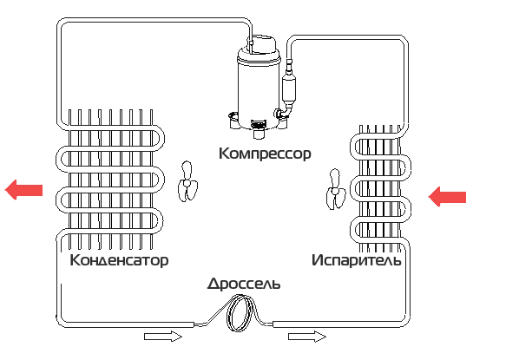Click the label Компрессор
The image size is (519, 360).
265,154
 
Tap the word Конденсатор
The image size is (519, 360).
119,260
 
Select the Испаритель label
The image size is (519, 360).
357,260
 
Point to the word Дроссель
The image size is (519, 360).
244,284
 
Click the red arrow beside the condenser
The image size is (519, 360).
23,190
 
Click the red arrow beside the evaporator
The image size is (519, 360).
447,197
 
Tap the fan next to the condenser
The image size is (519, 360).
187,181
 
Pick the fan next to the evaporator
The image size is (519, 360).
336,190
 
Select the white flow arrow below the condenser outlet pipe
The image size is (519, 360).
163,337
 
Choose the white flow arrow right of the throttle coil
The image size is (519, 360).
307,337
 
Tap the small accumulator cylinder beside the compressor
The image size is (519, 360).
288,89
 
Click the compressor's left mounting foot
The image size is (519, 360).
233,120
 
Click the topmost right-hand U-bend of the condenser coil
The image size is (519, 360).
161,137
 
